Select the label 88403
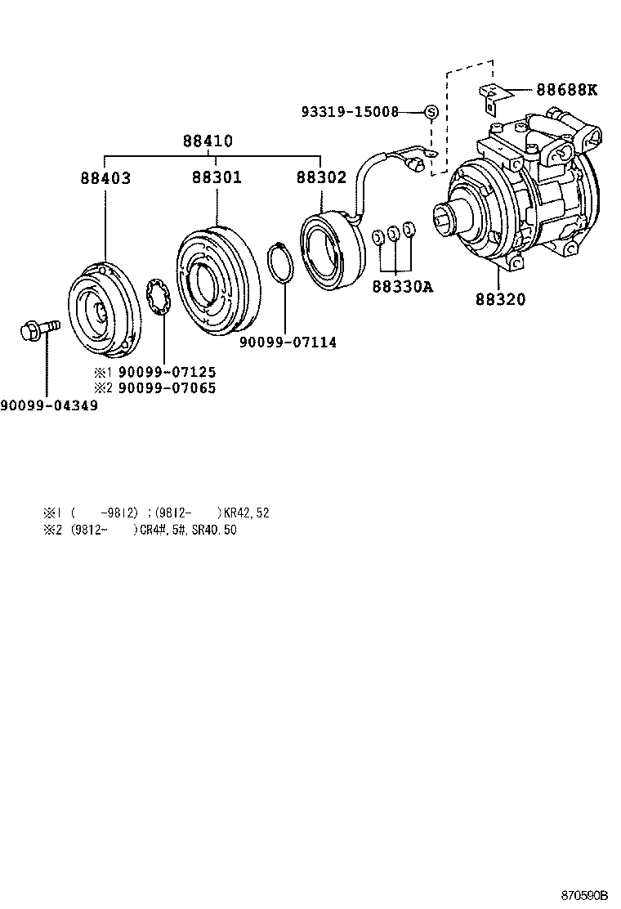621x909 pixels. (x=105, y=177)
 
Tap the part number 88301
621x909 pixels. (x=217, y=177)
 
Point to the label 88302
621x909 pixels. (x=321, y=177)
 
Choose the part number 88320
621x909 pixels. (x=500, y=299)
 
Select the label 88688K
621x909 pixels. (x=566, y=90)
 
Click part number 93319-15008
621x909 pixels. (x=360, y=112)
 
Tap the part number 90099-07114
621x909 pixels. (x=288, y=342)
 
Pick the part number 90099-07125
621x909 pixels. (x=168, y=372)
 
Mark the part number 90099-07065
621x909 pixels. (x=168, y=388)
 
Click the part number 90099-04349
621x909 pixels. (x=49, y=405)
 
